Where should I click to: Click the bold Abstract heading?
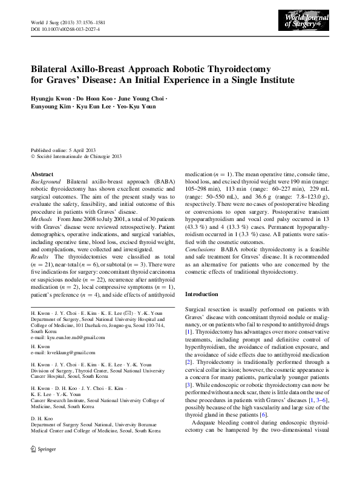42,174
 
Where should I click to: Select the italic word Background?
46,182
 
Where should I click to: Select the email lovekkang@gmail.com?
67,352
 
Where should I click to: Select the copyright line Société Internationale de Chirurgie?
79,156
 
